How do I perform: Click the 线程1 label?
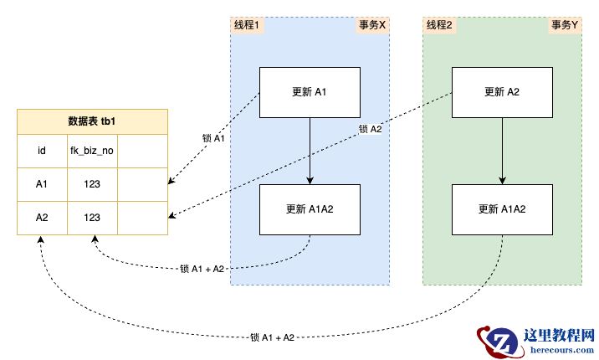[x=246, y=25]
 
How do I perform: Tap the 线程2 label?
[x=439, y=25]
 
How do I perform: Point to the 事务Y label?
[x=565, y=25]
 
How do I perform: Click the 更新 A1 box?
[x=310, y=92]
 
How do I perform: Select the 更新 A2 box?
[x=502, y=92]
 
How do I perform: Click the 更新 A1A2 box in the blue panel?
[x=310, y=209]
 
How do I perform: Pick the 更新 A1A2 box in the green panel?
[x=502, y=209]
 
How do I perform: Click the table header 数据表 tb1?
[x=92, y=121]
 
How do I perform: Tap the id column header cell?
[x=41, y=152]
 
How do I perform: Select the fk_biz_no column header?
[x=91, y=152]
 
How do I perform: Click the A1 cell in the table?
[x=41, y=185]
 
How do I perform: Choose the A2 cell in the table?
[x=41, y=218]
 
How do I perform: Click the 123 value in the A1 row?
[x=91, y=185]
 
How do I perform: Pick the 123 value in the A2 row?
[x=91, y=218]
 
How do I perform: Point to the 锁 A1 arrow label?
[x=214, y=138]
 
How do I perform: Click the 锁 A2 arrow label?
[x=370, y=129]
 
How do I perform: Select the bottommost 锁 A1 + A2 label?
[x=272, y=337]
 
